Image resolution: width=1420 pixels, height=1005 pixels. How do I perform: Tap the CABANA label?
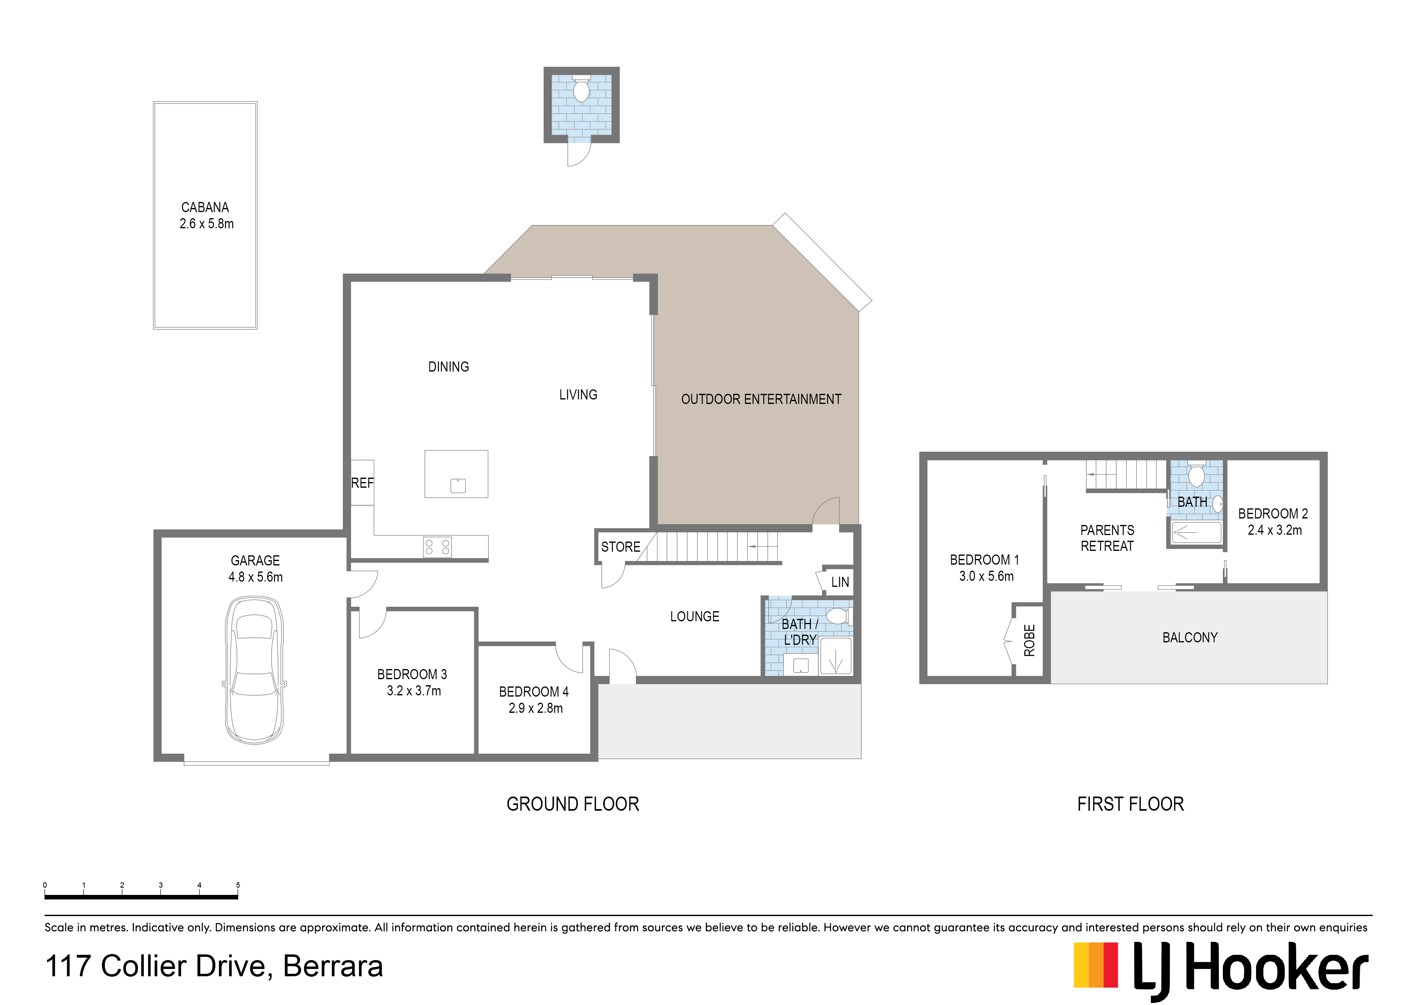point(205,207)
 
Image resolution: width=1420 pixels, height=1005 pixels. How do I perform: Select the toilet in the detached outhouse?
point(581,89)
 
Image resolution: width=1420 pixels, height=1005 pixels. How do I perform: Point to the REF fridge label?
point(362,483)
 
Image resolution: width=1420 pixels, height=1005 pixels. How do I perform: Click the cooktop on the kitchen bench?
point(438,547)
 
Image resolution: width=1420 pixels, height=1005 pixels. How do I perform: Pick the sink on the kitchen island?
point(458,486)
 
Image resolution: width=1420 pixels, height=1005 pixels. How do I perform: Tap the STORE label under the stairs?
point(621,547)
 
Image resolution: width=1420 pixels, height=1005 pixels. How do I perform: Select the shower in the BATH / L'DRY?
point(835,656)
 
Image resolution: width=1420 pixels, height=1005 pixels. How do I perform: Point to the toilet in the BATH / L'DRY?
point(838,616)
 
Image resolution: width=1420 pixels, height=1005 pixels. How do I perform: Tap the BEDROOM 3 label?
point(412,675)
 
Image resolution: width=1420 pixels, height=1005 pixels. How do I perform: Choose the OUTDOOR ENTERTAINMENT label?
point(761,399)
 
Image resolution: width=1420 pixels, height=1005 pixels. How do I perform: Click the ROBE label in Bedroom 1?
point(1029,640)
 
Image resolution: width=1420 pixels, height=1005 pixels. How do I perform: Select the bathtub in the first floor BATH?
point(1197,532)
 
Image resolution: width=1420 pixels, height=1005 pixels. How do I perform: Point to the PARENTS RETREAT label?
point(1107,538)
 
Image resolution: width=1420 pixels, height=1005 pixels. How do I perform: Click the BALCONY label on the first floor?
point(1190,637)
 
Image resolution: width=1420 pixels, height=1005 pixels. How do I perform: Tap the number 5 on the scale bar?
point(238,885)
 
